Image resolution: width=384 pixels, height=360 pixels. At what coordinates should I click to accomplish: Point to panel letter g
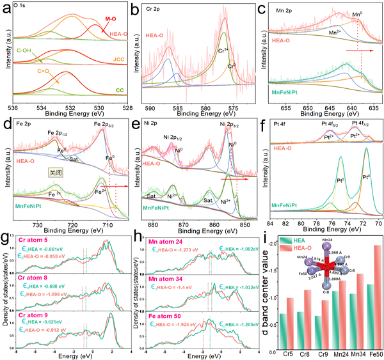coord(5,237)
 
